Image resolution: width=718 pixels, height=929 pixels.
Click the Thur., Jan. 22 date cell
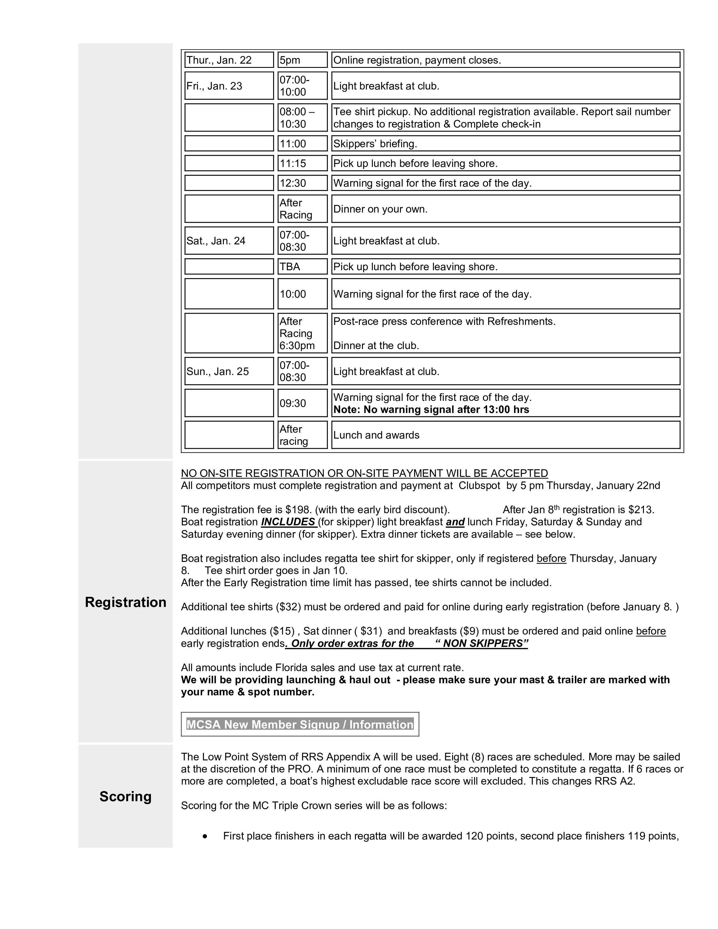point(229,60)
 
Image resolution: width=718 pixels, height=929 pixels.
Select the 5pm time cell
point(302,60)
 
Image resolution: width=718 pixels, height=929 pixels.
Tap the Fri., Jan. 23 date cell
point(229,86)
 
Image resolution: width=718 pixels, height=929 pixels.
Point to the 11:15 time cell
point(302,163)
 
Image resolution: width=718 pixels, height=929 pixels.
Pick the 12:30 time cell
point(302,183)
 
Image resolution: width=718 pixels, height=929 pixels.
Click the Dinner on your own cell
point(505,209)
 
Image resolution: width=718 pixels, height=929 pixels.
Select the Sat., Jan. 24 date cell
point(229,241)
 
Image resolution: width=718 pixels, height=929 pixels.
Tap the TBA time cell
point(302,267)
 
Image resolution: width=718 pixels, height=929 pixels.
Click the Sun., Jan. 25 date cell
point(229,371)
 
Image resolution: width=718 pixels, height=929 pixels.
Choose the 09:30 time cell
point(302,403)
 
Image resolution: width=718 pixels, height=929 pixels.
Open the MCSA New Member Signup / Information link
point(300,724)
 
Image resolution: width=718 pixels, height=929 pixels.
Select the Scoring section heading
point(126,796)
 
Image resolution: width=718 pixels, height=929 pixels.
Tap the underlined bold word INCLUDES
point(288,522)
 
